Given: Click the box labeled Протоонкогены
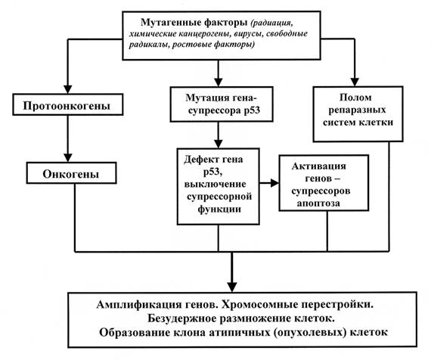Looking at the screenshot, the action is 68,104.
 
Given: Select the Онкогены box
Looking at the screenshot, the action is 72,173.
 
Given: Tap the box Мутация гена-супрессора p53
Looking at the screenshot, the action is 222,104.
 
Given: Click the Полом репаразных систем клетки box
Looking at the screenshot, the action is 358,114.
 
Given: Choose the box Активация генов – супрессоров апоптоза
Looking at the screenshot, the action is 324,183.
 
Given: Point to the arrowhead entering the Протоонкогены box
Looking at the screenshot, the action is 68,89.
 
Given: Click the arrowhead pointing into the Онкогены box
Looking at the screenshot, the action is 68,157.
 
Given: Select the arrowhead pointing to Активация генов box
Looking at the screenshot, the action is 274,183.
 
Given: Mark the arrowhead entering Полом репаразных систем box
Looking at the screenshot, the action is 355,82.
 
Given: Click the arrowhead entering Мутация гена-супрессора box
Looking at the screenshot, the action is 219,82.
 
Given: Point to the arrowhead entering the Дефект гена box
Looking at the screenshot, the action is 219,144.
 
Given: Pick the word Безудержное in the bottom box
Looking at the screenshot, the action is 182,318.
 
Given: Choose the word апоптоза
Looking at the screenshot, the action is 318,203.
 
